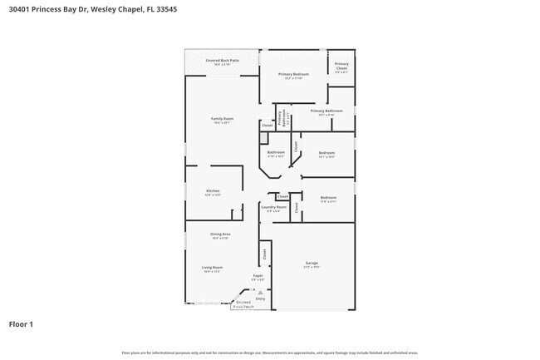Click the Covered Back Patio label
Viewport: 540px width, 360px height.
(x=222, y=61)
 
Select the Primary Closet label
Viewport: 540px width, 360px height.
(x=341, y=66)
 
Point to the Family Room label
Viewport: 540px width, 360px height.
(x=222, y=119)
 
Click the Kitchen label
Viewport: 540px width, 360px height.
(x=213, y=190)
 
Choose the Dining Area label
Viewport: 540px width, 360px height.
(x=220, y=234)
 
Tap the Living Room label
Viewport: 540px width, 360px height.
(x=212, y=268)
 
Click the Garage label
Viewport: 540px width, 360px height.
(x=312, y=264)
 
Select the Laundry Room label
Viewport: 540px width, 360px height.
(x=273, y=207)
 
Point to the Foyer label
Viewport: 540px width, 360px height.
(x=258, y=275)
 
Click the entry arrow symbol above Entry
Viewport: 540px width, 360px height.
(x=260, y=293)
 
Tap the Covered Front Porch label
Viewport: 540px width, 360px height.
(x=243, y=304)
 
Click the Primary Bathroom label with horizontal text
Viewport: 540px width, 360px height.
(x=326, y=111)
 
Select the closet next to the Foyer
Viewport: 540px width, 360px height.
(x=264, y=254)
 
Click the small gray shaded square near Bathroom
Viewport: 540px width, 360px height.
(x=266, y=126)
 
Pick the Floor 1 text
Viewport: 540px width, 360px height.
(x=21, y=323)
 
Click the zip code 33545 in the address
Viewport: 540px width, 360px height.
(x=165, y=8)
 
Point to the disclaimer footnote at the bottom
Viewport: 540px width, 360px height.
(x=269, y=353)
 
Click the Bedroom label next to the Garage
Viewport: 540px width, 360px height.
(x=328, y=197)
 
